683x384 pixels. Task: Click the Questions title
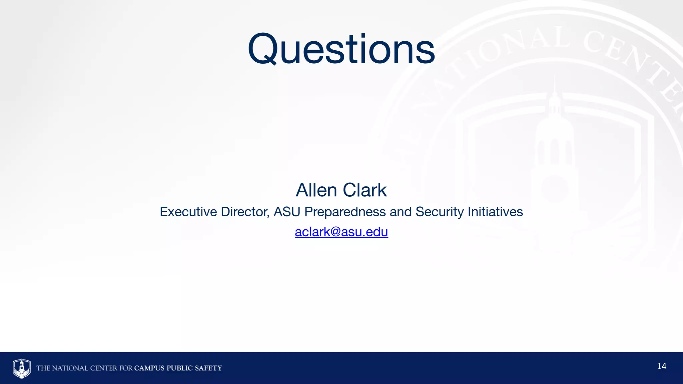tap(341, 49)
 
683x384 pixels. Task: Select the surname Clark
tap(365, 190)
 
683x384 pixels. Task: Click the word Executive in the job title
tap(188, 212)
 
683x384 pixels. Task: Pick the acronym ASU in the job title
tap(287, 212)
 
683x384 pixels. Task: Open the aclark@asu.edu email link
tap(341, 232)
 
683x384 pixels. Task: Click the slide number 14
tap(661, 366)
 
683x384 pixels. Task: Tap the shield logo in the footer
tap(22, 368)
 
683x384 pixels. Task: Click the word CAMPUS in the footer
tap(149, 368)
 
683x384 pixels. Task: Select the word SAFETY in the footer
tap(208, 368)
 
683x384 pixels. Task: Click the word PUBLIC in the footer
tap(180, 368)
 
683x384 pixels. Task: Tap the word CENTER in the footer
tap(104, 368)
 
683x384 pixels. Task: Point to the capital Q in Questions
tap(262, 49)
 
